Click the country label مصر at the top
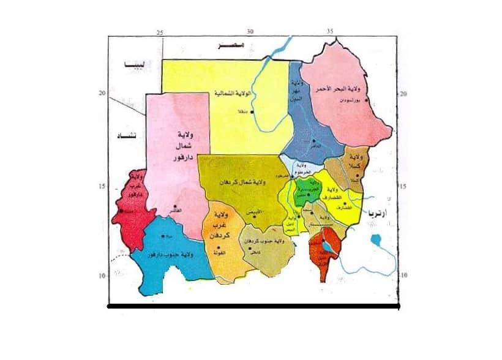coord(233,46)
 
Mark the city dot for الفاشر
coord(176,206)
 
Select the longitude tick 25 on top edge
coord(160,32)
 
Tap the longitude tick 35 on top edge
coord(330,32)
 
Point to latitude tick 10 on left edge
coord(103,277)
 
